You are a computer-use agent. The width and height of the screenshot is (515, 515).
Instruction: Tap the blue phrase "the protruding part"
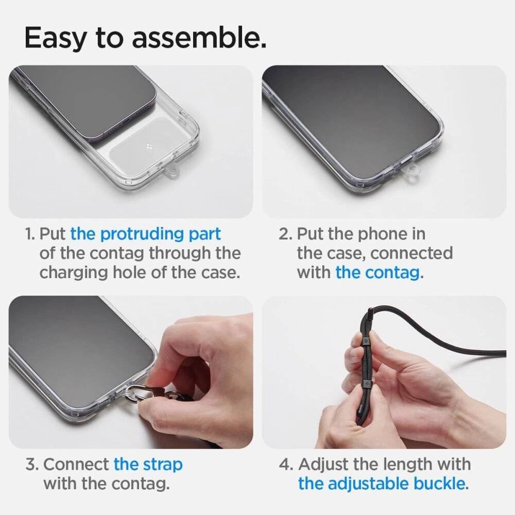146,234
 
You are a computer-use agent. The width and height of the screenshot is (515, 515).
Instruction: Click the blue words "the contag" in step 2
377,272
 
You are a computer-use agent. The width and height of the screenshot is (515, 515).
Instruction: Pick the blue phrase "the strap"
148,464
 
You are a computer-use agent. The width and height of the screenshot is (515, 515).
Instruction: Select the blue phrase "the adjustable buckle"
382,484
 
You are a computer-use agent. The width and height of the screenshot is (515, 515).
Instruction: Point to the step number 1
30,234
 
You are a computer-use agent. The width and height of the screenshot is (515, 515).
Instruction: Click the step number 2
285,234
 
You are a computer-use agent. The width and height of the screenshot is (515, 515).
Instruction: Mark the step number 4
286,464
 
